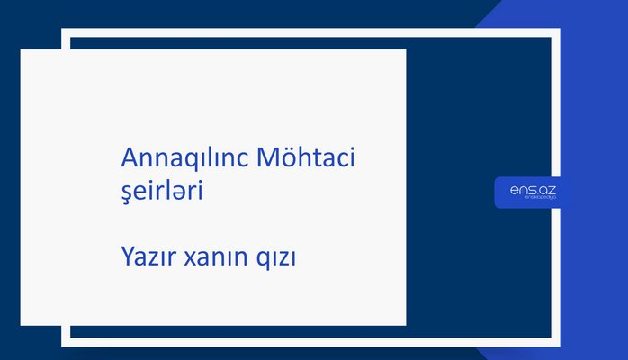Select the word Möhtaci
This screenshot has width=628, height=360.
[x=306, y=159]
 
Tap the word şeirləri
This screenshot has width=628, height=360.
[x=168, y=193]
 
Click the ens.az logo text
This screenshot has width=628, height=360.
[x=532, y=190]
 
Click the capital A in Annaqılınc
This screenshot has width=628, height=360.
[x=129, y=158]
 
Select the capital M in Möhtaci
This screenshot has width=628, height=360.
[x=268, y=158]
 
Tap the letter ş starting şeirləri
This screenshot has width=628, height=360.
[x=127, y=194]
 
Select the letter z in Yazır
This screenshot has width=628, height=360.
[x=154, y=259]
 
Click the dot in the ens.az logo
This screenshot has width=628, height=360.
[x=535, y=193]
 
